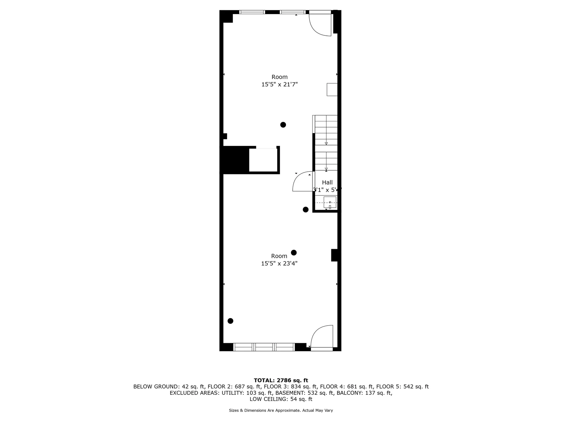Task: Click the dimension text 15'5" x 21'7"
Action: [x=280, y=84]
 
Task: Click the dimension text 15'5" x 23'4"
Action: [x=279, y=263]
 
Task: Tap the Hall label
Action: [x=327, y=182]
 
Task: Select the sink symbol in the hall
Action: [x=330, y=203]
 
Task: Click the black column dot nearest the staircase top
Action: [x=283, y=125]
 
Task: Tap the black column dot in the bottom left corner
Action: [x=230, y=321]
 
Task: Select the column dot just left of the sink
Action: [x=306, y=210]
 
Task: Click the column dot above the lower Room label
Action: [x=294, y=253]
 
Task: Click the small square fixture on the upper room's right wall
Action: [x=332, y=90]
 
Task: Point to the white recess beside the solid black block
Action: [x=263, y=160]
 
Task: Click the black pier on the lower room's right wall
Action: [x=334, y=255]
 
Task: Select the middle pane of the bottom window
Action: [x=264, y=347]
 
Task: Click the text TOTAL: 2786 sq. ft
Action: [x=281, y=380]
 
